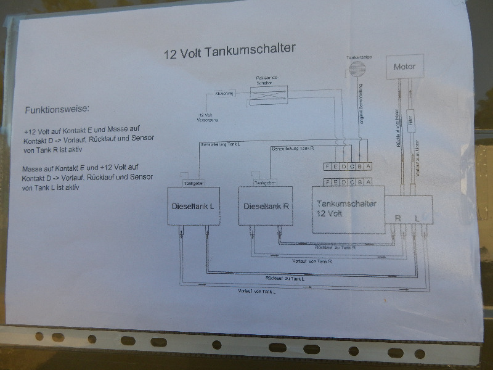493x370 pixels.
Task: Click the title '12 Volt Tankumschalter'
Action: pyautogui.click(x=229, y=51)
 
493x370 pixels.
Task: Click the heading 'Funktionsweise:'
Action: pyautogui.click(x=57, y=110)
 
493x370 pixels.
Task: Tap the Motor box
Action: pyautogui.click(x=404, y=67)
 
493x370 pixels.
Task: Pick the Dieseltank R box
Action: pyautogui.click(x=266, y=207)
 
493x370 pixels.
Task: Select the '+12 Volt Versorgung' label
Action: pyautogui.click(x=208, y=117)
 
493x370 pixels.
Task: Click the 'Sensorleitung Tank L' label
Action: pyautogui.click(x=221, y=144)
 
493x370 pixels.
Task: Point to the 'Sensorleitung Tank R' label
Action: pyautogui.click(x=294, y=149)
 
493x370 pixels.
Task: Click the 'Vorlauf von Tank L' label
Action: pyautogui.click(x=256, y=290)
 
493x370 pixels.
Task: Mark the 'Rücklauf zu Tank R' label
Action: pyautogui.click(x=335, y=247)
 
